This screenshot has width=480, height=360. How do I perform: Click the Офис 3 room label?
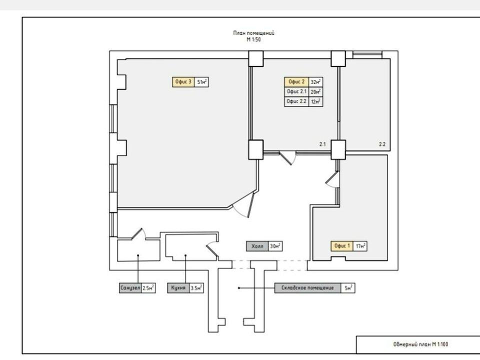(x=183, y=82)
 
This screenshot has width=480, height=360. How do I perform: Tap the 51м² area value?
(x=201, y=82)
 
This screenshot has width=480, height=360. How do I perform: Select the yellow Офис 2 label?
(x=296, y=81)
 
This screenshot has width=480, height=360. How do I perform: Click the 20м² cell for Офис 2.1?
(x=315, y=91)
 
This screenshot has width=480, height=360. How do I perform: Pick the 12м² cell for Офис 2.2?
(x=315, y=101)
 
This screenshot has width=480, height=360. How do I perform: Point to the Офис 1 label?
(x=342, y=246)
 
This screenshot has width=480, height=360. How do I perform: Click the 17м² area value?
(x=360, y=246)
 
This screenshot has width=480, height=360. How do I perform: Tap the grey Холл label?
(x=257, y=246)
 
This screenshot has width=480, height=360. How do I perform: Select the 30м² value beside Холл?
(x=275, y=246)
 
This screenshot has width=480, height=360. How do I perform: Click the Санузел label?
(x=130, y=288)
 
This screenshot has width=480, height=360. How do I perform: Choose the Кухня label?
(x=178, y=288)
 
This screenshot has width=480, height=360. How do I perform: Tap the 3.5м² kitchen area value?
(x=196, y=288)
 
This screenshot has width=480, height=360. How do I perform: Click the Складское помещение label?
(x=307, y=288)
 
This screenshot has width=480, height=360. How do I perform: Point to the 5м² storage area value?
(x=348, y=288)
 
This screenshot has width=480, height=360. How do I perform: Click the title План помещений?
(x=254, y=33)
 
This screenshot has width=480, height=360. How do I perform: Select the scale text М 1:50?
(x=254, y=39)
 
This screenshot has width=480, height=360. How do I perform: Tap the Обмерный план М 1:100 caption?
(x=420, y=344)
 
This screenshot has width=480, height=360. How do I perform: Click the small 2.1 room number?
(x=322, y=144)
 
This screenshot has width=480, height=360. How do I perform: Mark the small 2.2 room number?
(x=382, y=144)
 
